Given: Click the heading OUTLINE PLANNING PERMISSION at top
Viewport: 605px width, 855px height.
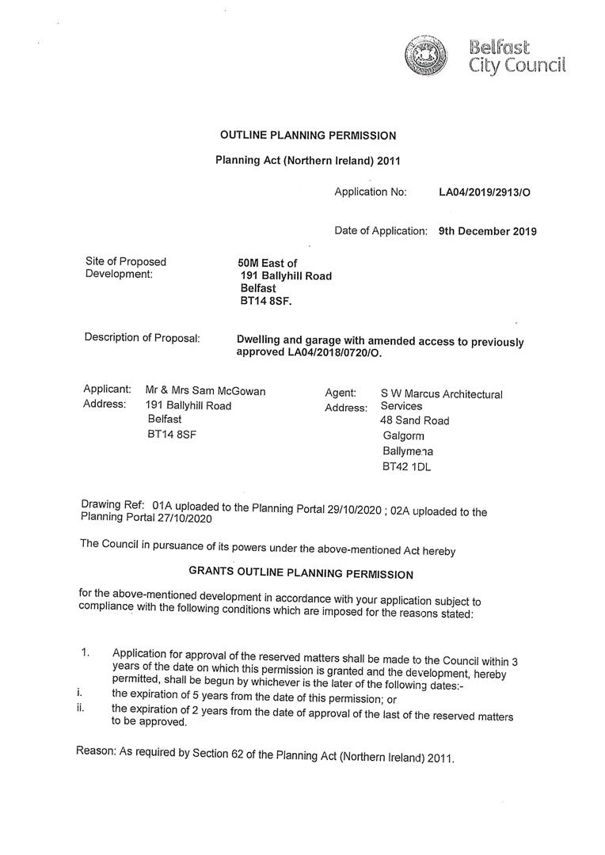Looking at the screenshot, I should click(x=308, y=135).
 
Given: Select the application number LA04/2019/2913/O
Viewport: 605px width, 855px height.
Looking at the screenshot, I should click(x=485, y=192).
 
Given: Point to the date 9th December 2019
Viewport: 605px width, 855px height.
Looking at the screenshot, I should click(x=487, y=232).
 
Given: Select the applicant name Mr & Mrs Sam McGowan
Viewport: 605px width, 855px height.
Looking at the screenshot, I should click(x=206, y=390).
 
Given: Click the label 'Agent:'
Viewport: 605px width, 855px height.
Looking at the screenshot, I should click(x=341, y=393).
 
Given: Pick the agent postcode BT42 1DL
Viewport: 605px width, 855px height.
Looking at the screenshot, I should click(x=406, y=467).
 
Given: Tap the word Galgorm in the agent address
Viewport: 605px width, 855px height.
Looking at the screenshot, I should click(x=403, y=436).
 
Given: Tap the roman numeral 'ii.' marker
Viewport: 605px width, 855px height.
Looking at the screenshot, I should click(x=81, y=709).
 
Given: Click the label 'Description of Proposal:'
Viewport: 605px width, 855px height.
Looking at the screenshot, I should click(x=142, y=338).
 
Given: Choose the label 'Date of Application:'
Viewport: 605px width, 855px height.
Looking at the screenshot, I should click(x=381, y=231).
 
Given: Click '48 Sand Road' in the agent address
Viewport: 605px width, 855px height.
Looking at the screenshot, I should click(x=414, y=421).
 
